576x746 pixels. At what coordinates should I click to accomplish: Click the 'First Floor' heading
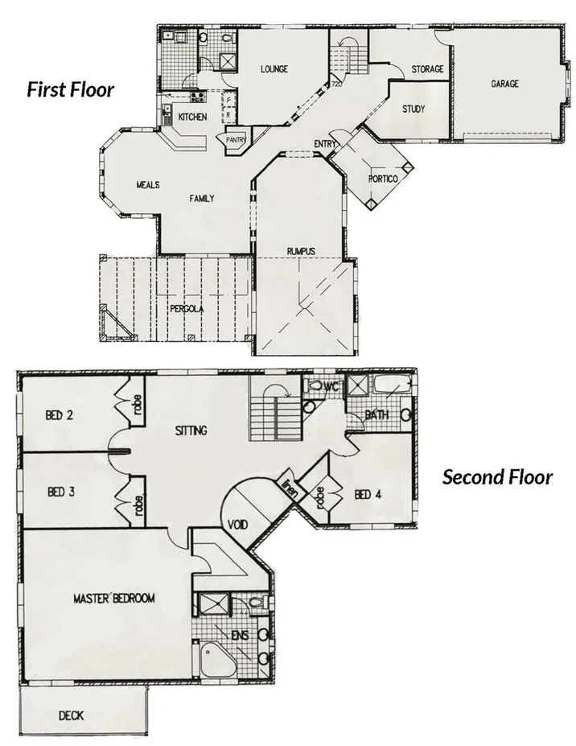tap(71, 89)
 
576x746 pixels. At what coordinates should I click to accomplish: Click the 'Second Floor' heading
tap(497, 477)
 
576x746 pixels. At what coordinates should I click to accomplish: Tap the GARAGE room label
tap(505, 84)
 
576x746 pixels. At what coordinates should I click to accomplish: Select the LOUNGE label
tap(274, 69)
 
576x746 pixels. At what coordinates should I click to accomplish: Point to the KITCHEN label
tap(192, 117)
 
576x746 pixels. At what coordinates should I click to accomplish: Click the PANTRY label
tap(236, 140)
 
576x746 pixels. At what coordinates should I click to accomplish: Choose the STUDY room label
tap(413, 109)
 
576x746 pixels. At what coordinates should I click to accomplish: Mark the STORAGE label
tap(427, 69)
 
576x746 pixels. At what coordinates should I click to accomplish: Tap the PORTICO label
tap(383, 179)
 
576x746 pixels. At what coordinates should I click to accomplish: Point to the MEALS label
tap(147, 185)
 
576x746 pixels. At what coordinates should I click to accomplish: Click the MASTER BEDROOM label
tap(113, 598)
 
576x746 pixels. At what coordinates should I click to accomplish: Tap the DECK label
tap(71, 715)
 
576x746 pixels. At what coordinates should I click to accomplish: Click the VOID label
tap(237, 525)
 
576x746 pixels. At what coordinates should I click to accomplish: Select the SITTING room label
tap(191, 431)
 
